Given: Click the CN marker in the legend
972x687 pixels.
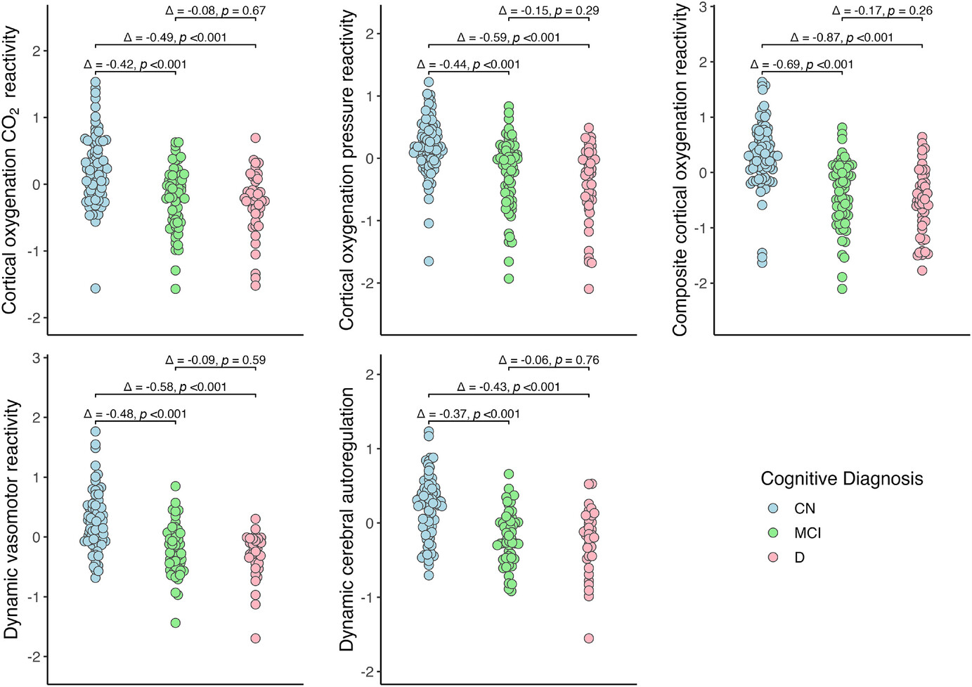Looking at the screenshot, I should pos(773,508).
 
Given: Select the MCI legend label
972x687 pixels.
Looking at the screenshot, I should pos(807,533).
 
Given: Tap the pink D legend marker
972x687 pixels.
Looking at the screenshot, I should pos(773,558).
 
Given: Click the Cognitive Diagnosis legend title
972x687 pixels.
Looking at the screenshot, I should pos(841,479).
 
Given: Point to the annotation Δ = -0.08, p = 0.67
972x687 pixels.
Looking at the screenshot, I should pos(215,11).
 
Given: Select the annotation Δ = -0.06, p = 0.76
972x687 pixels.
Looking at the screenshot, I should pos(548,360).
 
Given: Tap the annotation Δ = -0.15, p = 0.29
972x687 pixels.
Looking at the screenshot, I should pos(548,11).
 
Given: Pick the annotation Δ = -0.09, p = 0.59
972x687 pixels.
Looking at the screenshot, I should pos(215,360).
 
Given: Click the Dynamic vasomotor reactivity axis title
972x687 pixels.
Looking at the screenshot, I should pos(12,519).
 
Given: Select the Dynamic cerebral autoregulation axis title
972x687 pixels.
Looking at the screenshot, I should pos(346,519).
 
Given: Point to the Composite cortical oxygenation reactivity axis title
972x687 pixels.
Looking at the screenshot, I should pos(680,169).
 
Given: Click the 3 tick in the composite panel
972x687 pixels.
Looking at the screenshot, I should pos(703,7).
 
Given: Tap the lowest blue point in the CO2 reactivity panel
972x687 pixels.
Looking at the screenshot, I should pos(96,288).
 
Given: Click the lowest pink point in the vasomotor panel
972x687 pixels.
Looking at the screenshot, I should pos(255,638).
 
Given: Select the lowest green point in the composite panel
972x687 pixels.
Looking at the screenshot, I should pos(842,288).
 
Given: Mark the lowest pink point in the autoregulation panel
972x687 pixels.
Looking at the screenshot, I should pos(588,638).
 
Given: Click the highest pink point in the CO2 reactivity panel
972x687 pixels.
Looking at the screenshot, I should pos(255,138).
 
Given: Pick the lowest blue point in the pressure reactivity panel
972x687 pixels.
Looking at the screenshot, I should pos(429,261).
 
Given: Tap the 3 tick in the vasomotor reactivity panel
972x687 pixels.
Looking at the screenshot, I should pos(36,358).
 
